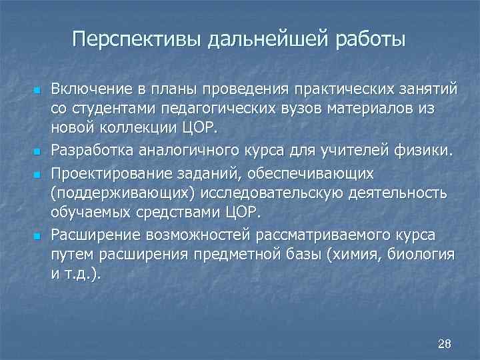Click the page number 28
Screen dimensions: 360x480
point(445,343)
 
